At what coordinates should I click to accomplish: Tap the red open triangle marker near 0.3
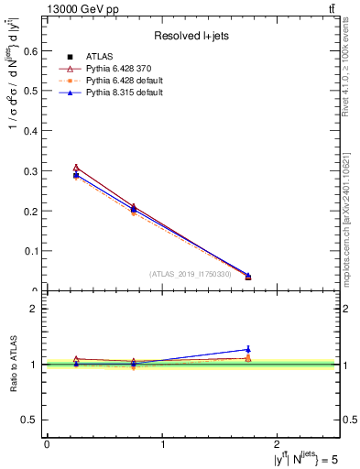point(76,168)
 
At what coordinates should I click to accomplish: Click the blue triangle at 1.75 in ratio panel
point(248,349)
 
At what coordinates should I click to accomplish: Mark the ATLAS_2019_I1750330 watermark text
point(191,274)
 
